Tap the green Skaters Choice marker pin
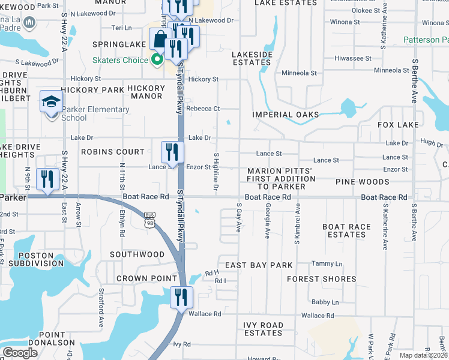pyautogui.click(x=157, y=59)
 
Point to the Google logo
pyautogui.click(x=20, y=353)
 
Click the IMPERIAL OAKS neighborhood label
pyautogui.click(x=285, y=115)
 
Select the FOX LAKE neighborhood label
pyautogui.click(x=398, y=125)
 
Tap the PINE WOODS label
pyautogui.click(x=362, y=182)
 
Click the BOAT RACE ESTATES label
pyautogui.click(x=344, y=230)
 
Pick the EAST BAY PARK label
pyautogui.click(x=259, y=265)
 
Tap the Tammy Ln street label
pyautogui.click(x=327, y=264)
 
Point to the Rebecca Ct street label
pyautogui.click(x=203, y=109)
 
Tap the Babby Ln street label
pyautogui.click(x=325, y=302)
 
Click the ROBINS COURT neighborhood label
pyautogui.click(x=113, y=152)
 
